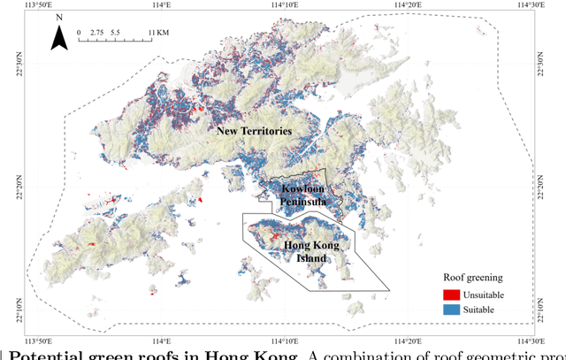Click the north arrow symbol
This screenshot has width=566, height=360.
click(x=57, y=37)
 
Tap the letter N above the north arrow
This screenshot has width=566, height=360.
click(x=57, y=18)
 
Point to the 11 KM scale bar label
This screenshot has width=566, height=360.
click(x=157, y=32)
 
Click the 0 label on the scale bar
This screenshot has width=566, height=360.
click(x=79, y=32)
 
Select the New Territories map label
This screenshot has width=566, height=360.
click(x=254, y=131)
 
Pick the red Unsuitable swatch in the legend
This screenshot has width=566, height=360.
click(x=452, y=295)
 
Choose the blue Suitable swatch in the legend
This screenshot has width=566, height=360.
click(x=452, y=310)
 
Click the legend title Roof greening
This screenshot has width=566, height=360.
click(x=471, y=276)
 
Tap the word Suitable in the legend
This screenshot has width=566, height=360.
click(x=482, y=310)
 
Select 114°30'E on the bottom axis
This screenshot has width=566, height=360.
click(x=533, y=340)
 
